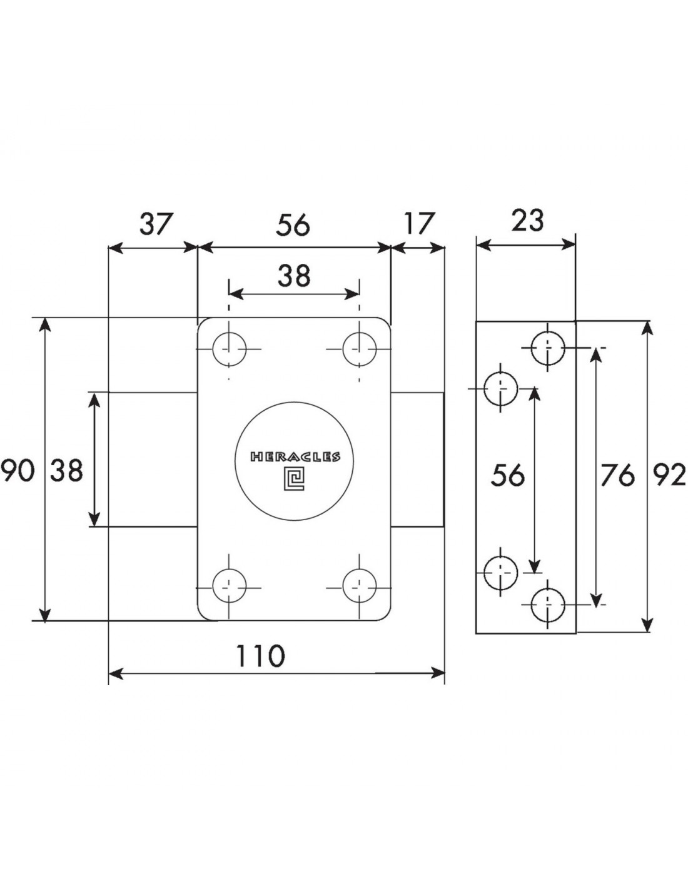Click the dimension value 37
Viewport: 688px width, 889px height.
pos(157,224)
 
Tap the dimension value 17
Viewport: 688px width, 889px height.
pos(418,224)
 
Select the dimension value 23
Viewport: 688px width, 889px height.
pos(527,221)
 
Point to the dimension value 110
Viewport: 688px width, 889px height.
pos(260,655)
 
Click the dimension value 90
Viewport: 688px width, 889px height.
pos(17,471)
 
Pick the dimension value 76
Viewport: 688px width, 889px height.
pos(617,475)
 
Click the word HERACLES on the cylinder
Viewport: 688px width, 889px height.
pos(295,456)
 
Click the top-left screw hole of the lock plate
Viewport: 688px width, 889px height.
pos(229,349)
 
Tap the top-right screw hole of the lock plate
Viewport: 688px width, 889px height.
pos(360,349)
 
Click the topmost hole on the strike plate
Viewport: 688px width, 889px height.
pos(548,348)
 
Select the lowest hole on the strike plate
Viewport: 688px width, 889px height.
pos(548,605)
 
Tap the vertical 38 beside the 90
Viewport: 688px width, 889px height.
pos(66,471)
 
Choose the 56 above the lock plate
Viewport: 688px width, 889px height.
pos(293,226)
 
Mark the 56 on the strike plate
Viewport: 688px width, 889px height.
pos(507,475)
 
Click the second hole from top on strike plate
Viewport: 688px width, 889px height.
pos(500,388)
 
